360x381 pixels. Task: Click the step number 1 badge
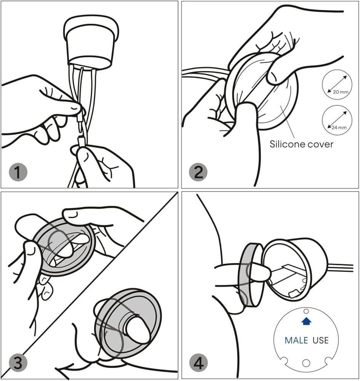[x=18, y=172]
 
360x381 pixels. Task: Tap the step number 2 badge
[x=198, y=172]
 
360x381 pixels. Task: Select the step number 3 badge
[x=18, y=363]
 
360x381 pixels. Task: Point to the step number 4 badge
[x=198, y=363]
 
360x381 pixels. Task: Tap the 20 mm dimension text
[x=341, y=92]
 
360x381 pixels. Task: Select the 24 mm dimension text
[x=339, y=127]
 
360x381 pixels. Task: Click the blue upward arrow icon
[x=306, y=321]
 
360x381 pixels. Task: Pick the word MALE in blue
[x=296, y=340]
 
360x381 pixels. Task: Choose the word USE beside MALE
[x=320, y=340]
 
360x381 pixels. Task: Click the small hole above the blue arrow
[x=306, y=311]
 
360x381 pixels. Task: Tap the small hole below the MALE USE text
[x=306, y=363]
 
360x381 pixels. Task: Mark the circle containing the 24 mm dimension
[x=337, y=120]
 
